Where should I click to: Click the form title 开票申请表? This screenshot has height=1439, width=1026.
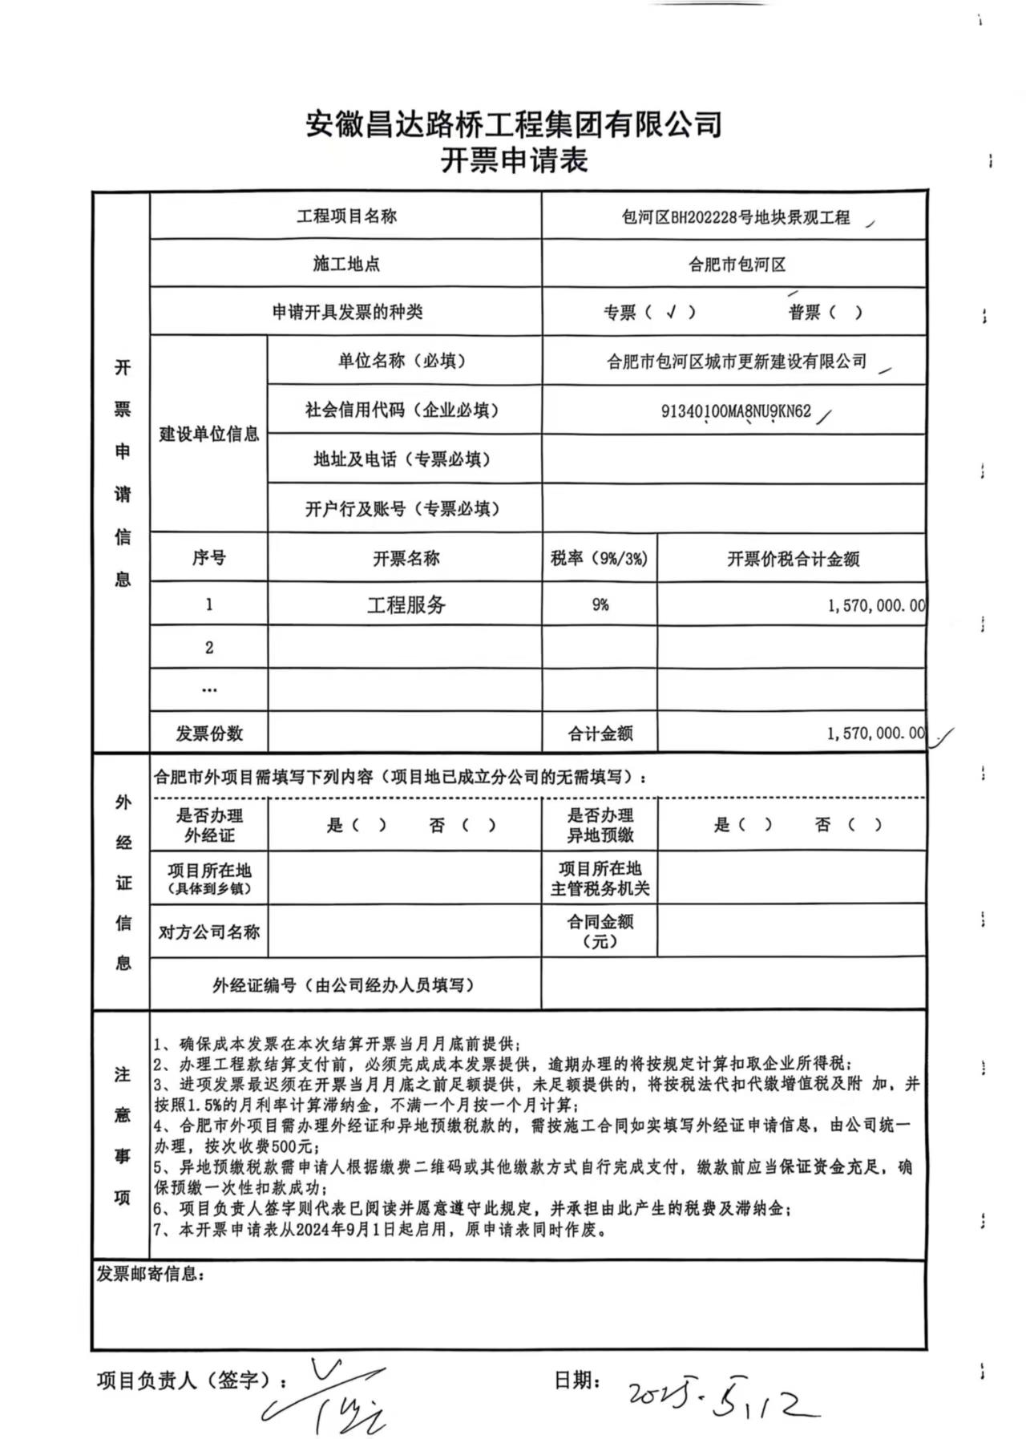(x=514, y=160)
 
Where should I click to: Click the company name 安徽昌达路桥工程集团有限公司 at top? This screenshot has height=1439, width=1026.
(x=514, y=124)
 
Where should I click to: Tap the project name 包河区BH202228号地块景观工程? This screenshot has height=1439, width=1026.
(x=735, y=217)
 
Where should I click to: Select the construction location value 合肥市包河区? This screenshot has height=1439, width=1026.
(x=737, y=265)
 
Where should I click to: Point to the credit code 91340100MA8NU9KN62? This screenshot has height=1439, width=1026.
(x=736, y=411)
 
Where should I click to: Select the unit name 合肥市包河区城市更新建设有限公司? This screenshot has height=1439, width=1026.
(x=737, y=362)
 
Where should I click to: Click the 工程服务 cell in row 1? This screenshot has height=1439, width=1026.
(x=406, y=604)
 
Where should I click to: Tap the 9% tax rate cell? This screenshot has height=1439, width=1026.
(x=600, y=604)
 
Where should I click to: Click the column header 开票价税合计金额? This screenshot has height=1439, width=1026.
(x=792, y=559)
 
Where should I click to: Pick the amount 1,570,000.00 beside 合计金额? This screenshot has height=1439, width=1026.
(x=875, y=733)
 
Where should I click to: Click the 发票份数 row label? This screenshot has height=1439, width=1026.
(x=209, y=733)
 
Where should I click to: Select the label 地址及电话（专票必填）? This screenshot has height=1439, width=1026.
(x=402, y=459)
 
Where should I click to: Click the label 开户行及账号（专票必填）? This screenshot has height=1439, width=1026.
(x=402, y=508)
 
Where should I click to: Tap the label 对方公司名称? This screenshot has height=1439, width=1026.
(x=209, y=932)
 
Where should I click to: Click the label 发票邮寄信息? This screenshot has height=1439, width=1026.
(x=150, y=1274)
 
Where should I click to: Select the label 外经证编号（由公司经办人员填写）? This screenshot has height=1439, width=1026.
(x=343, y=984)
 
